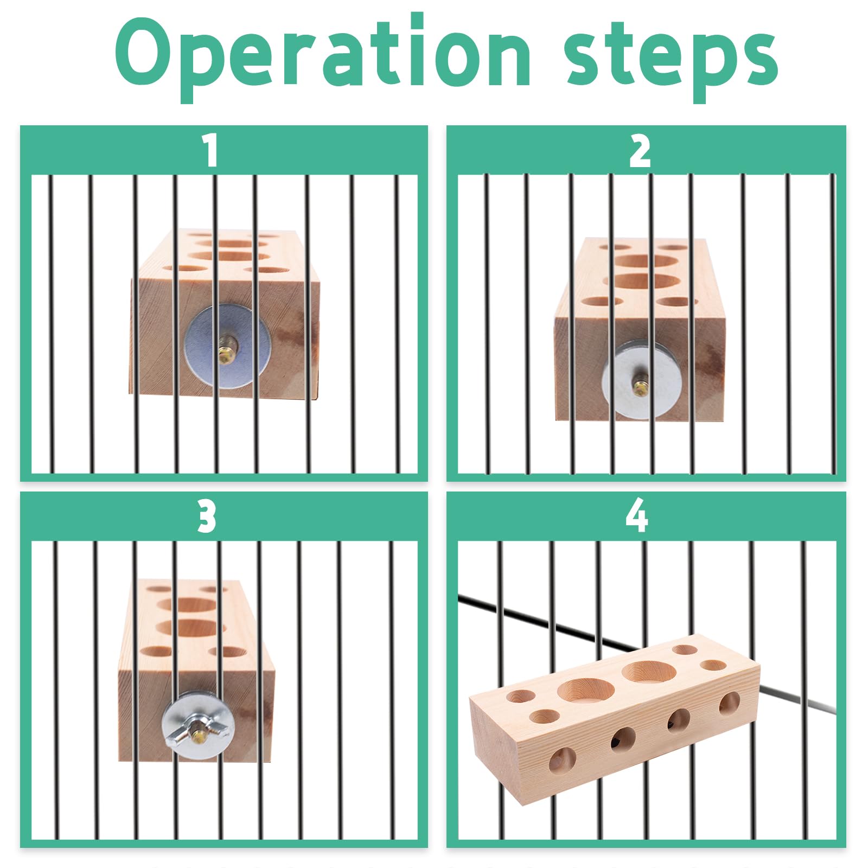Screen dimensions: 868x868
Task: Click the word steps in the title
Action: (671, 60)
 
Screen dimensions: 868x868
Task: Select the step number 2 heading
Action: (640, 151)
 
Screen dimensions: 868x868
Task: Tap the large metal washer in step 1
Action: (228, 345)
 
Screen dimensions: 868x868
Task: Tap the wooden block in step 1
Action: (224, 313)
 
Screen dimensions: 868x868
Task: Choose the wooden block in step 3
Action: (196, 671)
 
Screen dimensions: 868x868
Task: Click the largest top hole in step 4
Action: (586, 690)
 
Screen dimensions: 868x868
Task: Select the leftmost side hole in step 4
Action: (562, 758)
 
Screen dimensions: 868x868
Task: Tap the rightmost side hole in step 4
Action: (729, 704)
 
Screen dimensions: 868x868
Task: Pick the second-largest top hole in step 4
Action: (649, 671)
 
